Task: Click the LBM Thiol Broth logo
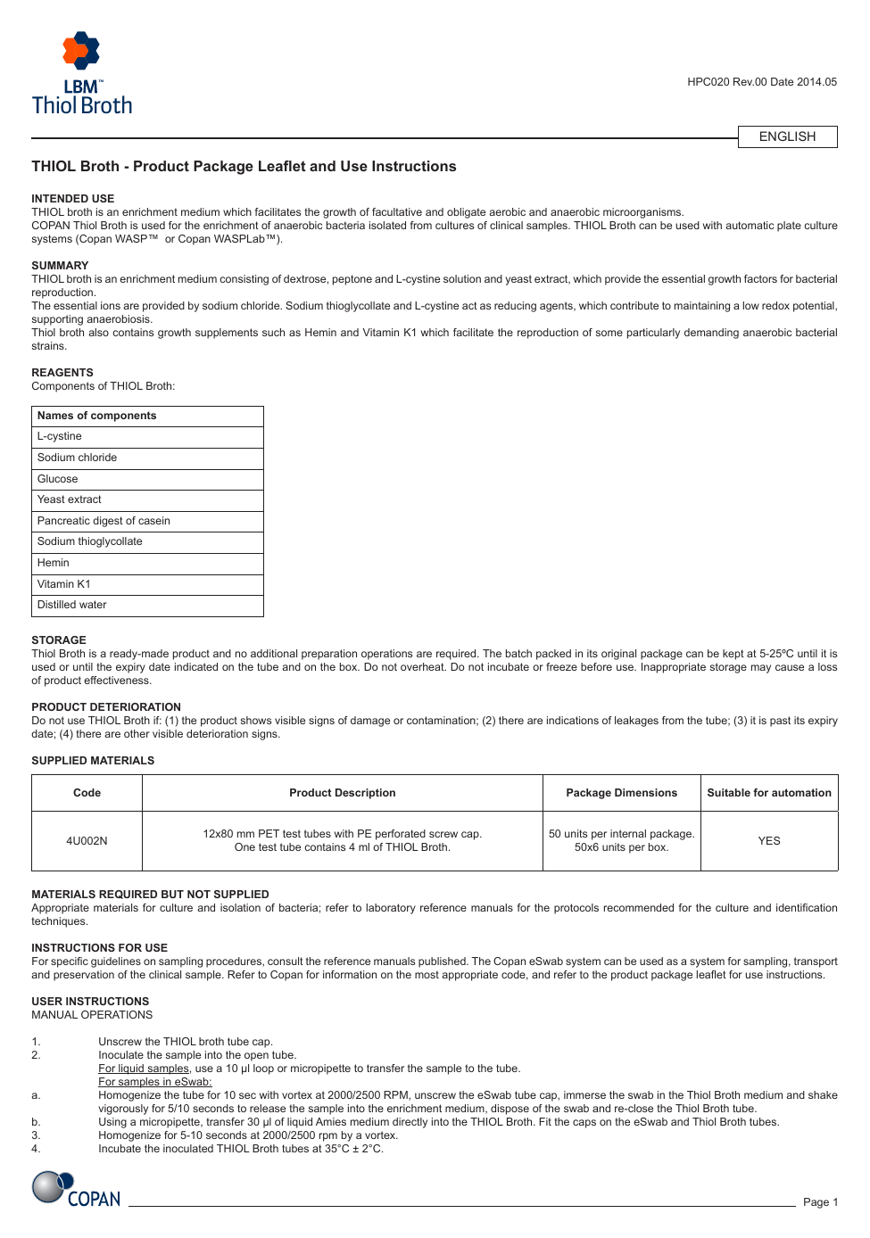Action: tap(82, 74)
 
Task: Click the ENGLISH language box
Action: tap(787, 136)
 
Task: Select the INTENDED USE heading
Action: tap(73, 199)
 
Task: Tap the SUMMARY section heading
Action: tap(60, 266)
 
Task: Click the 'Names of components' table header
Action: tap(97, 416)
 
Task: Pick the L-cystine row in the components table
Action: tap(60, 437)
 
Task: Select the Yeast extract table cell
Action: tap(70, 499)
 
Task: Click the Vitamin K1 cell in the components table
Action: tap(64, 584)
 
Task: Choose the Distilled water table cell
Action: tap(72, 605)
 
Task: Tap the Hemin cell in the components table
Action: tap(54, 563)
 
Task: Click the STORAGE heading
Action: tap(59, 640)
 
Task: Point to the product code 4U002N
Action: tap(87, 841)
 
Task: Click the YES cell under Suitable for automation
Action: tap(769, 841)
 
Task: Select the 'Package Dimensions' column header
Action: tap(621, 793)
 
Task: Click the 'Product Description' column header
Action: tap(342, 793)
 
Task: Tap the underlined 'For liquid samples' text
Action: tap(144, 1069)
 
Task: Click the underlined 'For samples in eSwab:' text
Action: tap(154, 1082)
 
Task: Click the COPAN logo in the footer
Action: tap(77, 1190)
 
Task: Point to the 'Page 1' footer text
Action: tap(820, 1202)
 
